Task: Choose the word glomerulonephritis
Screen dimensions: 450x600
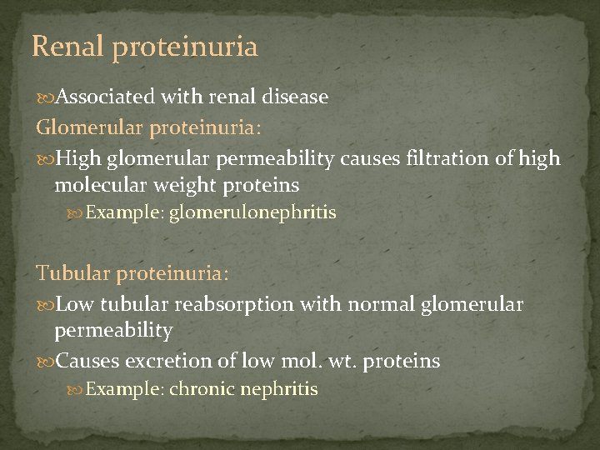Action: pyautogui.click(x=252, y=213)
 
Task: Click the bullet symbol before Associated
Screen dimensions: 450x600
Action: pyautogui.click(x=46, y=97)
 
